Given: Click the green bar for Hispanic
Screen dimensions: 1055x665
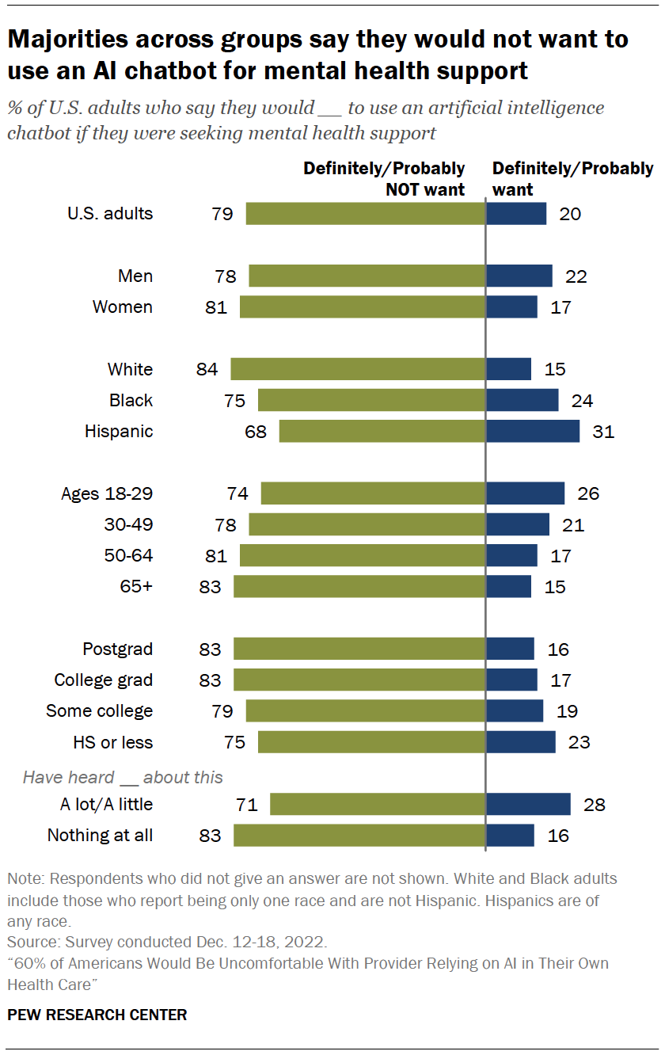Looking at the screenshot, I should point(382,432).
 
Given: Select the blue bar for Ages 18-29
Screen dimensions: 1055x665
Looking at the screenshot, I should point(525,493).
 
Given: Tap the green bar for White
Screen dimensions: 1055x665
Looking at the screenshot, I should point(357,369).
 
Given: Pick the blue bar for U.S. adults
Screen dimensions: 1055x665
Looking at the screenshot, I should point(515,214).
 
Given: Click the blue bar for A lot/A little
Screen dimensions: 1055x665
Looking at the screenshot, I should point(528,805).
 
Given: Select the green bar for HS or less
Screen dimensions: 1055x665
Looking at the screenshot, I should point(371,742).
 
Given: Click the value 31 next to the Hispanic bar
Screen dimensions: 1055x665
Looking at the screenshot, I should point(603,432).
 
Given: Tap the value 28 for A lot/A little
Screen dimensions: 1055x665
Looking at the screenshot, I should point(594,805).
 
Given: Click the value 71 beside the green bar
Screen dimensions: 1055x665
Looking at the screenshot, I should point(248,805).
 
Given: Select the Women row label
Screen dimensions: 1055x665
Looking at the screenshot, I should point(123,307).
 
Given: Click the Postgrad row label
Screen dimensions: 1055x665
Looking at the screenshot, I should point(118,649).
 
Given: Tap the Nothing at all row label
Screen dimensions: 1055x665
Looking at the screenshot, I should point(101,836).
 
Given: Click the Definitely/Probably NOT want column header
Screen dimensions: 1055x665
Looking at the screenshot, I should point(385,179).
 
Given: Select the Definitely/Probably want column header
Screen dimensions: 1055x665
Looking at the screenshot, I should point(572,179).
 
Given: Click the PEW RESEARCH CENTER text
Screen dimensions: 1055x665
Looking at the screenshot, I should point(97,1015).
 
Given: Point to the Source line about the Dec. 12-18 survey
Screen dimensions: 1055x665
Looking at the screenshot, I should point(166,943).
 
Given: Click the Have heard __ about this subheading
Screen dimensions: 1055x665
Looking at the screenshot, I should point(123,777).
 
